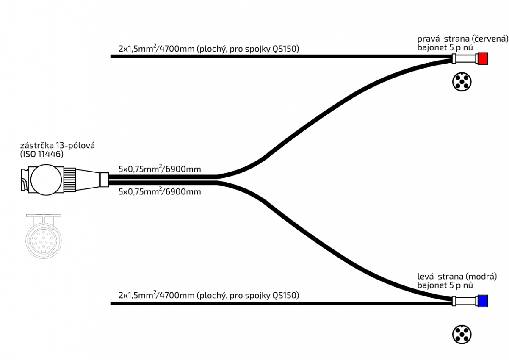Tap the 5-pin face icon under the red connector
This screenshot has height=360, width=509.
(462, 81)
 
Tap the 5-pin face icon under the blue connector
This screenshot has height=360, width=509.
(462, 334)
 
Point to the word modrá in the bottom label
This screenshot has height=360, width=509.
(481, 277)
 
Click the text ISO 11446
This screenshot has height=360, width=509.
(42, 155)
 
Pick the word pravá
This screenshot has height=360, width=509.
(428, 38)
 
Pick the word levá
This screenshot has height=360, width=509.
(426, 277)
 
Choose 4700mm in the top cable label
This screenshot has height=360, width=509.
(176, 49)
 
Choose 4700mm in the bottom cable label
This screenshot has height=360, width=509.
(176, 295)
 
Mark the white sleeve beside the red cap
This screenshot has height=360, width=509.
(465, 58)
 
